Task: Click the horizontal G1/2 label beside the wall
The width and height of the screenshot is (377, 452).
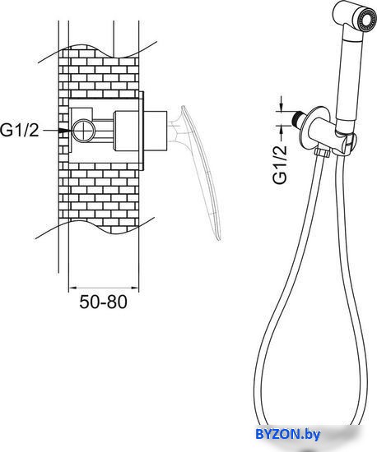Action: [19, 130]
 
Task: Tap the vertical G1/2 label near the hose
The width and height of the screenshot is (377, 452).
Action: [280, 164]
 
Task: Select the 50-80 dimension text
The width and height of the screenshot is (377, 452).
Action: [103, 302]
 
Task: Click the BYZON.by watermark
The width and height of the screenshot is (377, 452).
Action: [287, 434]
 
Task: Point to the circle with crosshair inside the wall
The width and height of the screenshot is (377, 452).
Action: [83, 131]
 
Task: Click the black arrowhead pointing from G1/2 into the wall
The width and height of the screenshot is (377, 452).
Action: [65, 131]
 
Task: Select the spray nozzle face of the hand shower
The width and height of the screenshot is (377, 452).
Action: [366, 20]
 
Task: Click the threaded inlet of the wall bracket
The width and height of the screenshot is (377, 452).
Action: [298, 117]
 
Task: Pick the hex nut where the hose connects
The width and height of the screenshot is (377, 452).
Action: [323, 152]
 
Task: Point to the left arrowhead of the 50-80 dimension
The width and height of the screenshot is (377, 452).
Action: [72, 288]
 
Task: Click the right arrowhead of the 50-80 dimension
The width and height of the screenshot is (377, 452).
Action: [135, 288]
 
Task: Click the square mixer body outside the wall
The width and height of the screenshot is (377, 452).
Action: [156, 131]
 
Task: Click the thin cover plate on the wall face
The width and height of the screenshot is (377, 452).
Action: [142, 131]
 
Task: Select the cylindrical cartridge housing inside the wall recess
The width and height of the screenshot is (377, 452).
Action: [127, 131]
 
